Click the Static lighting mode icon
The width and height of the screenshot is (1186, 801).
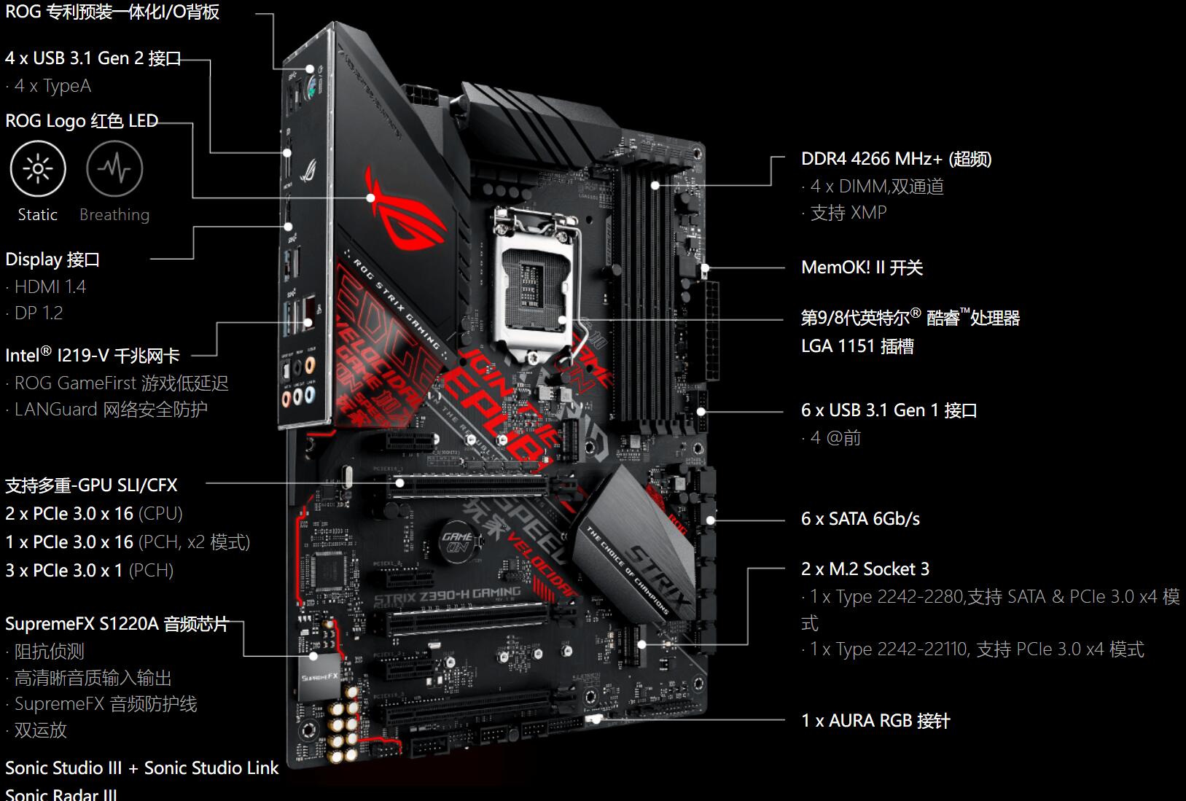pos(38,169)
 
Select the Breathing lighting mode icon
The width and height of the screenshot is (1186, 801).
pos(114,169)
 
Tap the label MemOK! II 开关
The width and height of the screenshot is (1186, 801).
pos(862,267)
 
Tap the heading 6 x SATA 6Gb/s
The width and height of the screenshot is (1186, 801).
pos(860,519)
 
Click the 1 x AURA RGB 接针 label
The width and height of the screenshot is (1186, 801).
pos(875,721)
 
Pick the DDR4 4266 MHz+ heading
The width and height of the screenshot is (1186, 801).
pos(896,159)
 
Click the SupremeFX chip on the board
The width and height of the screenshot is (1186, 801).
pos(319,679)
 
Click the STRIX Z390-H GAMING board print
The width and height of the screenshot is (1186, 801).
pos(447,596)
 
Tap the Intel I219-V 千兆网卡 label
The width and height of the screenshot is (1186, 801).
pos(93,356)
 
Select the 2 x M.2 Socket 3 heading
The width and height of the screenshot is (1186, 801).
pos(865,569)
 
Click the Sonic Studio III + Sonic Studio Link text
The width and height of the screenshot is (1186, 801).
pos(141,768)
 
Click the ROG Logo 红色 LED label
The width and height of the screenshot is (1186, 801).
pos(82,121)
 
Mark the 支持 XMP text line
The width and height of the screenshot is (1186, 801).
pos(848,213)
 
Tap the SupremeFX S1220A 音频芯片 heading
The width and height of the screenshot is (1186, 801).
pos(117,625)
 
